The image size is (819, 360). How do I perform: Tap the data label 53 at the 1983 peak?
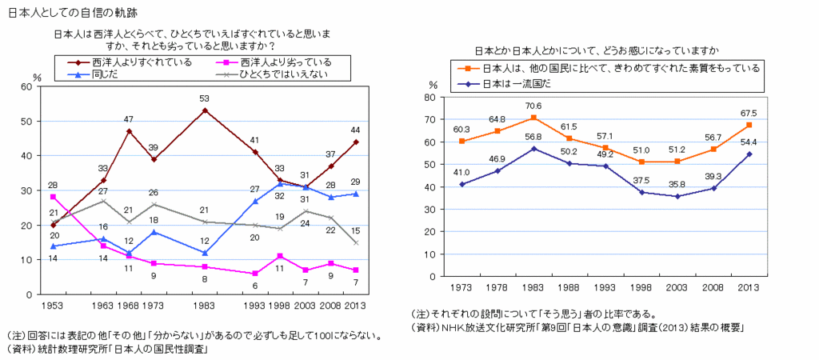(x=205, y=98)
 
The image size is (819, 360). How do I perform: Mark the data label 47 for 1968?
(x=129, y=119)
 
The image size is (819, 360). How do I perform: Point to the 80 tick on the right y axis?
(x=429, y=98)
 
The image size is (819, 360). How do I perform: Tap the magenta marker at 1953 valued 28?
(x=53, y=197)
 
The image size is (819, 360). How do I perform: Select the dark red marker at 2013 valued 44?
(x=356, y=142)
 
